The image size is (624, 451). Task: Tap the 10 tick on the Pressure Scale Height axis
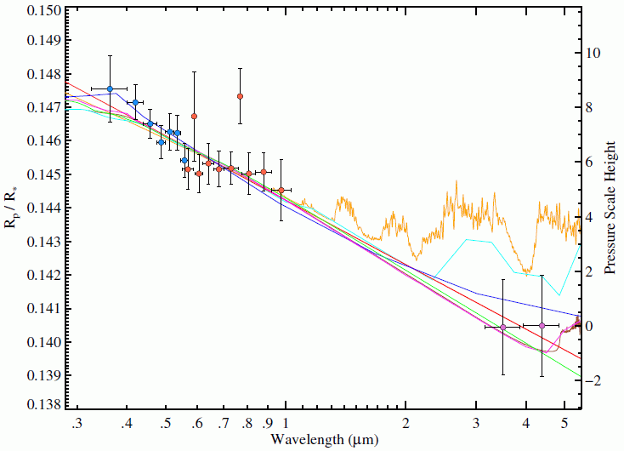click(590, 53)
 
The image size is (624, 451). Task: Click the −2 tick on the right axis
click(590, 380)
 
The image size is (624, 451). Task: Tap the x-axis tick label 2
click(406, 423)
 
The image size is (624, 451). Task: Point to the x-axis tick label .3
click(77, 423)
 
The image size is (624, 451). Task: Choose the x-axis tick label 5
click(564, 423)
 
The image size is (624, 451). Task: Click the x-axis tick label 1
click(286, 423)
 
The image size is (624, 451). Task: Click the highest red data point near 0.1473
click(240, 96)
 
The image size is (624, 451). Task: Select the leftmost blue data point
click(110, 88)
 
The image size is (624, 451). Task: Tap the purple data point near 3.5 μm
click(502, 327)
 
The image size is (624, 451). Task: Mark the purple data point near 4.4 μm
click(542, 325)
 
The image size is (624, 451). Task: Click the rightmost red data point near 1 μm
click(281, 190)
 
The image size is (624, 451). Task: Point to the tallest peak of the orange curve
click(457, 182)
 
